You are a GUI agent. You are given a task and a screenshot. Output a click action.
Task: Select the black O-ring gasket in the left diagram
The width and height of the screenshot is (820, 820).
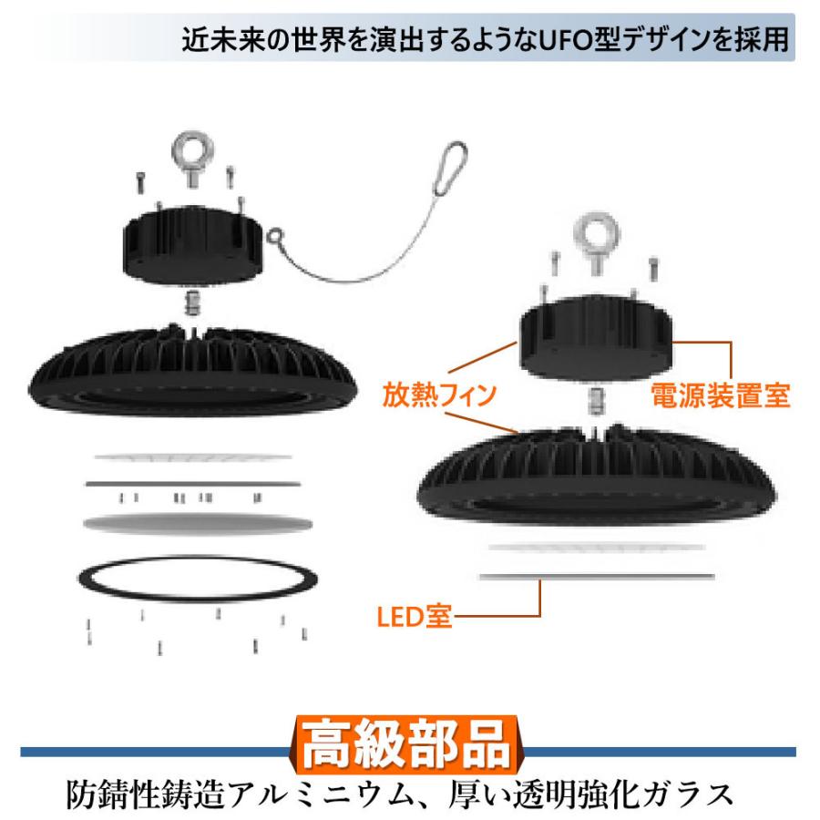[x=200, y=579]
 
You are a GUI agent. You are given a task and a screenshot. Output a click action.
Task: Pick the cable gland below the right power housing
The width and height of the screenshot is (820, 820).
[x=598, y=398]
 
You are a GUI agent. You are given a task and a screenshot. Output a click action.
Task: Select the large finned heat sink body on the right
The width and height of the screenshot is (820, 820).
[x=597, y=474]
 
